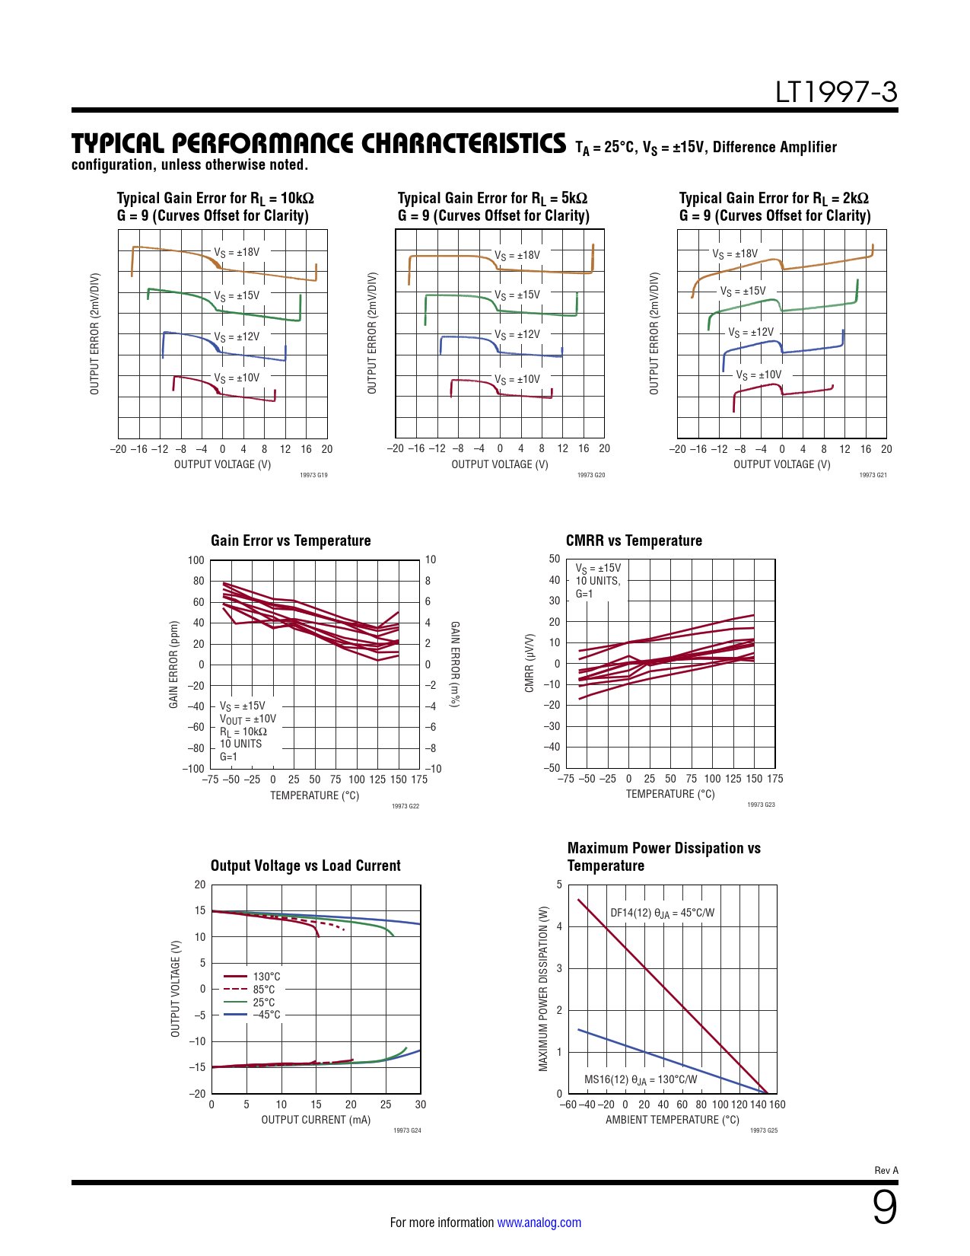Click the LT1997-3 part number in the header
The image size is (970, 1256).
836,92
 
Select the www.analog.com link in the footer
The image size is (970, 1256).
539,1223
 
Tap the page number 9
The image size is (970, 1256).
884,1207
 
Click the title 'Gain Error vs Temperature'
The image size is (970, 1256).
291,540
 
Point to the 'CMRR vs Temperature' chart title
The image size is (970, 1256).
634,540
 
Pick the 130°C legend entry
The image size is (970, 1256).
266,977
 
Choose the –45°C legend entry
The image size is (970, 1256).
266,1015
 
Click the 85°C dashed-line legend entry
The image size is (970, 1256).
264,990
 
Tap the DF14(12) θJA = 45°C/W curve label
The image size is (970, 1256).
662,913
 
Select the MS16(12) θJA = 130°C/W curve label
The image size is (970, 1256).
641,1079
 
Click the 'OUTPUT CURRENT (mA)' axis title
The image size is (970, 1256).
316,1120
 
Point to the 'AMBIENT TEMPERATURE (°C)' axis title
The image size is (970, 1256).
672,1120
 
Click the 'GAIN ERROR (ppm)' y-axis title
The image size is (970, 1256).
173,665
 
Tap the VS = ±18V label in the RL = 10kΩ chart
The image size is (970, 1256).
237,252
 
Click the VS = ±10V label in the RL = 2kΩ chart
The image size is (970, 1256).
759,375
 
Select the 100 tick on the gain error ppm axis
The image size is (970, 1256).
196,560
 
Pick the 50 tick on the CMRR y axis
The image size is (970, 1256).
554,559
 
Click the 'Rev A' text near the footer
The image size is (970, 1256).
886,1171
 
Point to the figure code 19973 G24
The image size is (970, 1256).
407,1130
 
